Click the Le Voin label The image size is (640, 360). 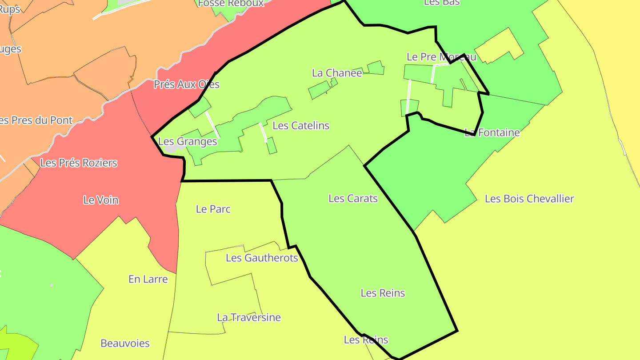101,200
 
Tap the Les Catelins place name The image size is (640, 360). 301,125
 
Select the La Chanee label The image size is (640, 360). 337,73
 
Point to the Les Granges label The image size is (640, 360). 188,141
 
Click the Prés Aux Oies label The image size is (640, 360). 187,84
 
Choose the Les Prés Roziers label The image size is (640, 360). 79,163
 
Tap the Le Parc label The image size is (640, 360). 213,209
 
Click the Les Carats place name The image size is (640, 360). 353,198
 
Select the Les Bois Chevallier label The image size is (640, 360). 529,199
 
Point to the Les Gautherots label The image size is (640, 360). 262,258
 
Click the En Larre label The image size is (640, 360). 148,279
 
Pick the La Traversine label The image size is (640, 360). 249,317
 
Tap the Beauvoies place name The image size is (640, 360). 125,343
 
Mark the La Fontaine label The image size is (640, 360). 492,132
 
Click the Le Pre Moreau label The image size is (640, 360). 441,57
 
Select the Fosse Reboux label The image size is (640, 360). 231,4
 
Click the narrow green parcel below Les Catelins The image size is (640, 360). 272,145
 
